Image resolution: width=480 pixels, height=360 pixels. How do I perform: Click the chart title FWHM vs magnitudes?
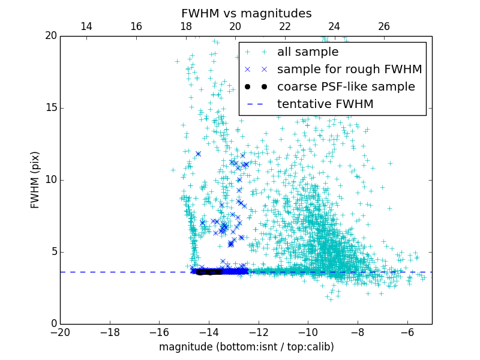tap(246, 13)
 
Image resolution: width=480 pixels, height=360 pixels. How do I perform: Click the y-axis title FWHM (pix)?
tap(35, 179)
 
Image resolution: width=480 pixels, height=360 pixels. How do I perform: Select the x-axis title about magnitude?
tap(246, 347)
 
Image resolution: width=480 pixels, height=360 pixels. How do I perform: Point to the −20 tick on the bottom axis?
tap(60, 332)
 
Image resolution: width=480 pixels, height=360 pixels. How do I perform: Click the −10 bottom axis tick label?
tap(308, 332)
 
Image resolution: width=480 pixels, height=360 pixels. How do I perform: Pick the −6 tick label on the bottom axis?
tap(407, 332)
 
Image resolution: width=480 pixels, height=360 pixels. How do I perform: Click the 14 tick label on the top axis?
tap(86, 26)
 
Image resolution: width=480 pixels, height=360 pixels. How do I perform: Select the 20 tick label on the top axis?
tap(235, 26)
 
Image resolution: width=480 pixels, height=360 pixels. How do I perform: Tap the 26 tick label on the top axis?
tap(384, 26)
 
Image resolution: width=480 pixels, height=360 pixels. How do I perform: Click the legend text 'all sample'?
tap(308, 52)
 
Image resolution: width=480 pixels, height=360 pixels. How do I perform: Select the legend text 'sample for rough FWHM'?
tap(349, 70)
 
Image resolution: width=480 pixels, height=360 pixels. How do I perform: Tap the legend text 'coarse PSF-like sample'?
tap(346, 87)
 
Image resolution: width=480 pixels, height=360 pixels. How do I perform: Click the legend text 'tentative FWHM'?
tap(325, 104)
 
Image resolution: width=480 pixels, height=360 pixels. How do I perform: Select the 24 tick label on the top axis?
tap(334, 26)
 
